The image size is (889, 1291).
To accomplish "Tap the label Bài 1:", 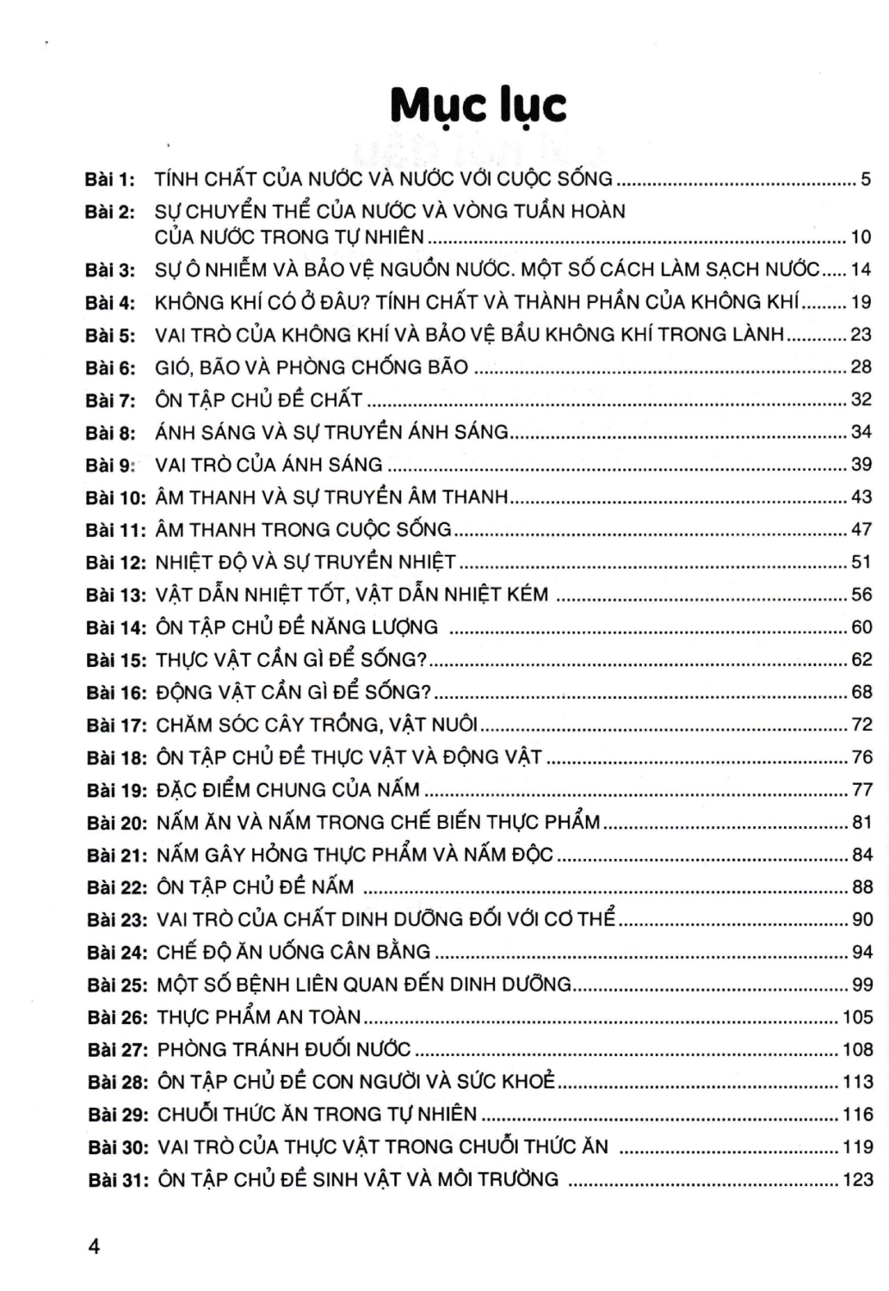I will coord(110,180).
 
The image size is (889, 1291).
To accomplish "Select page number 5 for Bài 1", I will coord(866,180).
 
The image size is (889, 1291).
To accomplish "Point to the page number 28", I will coord(861,368).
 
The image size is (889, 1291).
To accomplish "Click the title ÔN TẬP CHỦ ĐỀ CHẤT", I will coord(259,400).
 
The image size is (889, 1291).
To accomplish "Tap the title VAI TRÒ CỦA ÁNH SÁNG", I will coord(269,465).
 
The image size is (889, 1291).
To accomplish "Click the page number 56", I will coord(861,595).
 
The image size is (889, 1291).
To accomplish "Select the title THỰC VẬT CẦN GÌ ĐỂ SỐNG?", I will coord(292,660).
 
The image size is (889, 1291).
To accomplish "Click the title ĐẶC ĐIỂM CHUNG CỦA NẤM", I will coord(287,790).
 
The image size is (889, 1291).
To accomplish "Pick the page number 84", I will coord(861,855).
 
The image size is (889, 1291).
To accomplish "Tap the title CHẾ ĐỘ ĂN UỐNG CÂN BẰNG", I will coord(293,952).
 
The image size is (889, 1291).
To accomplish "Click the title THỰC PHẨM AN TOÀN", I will coord(259,1017).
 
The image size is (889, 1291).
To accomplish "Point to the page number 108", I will coord(857,1049).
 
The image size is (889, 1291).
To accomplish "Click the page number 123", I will coord(857,1179).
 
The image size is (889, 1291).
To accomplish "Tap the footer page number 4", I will coord(94,1246).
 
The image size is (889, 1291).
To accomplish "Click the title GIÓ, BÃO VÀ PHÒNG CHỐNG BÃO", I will coord(312,368).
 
